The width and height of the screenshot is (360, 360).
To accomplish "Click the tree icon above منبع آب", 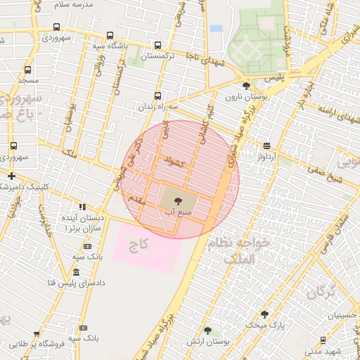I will (176, 200).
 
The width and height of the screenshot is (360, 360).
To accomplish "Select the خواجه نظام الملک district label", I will (241, 251).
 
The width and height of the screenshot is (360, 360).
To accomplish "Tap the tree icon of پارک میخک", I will (264, 314).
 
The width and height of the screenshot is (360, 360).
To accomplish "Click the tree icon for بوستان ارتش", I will (207, 330).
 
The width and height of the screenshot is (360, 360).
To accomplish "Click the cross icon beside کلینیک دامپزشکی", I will (11, 176).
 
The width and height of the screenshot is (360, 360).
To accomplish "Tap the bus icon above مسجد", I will (27, 70).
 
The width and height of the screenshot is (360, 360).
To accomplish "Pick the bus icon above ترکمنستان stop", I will (157, 44).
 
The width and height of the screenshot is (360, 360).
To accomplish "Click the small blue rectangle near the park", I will (216, 28).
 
